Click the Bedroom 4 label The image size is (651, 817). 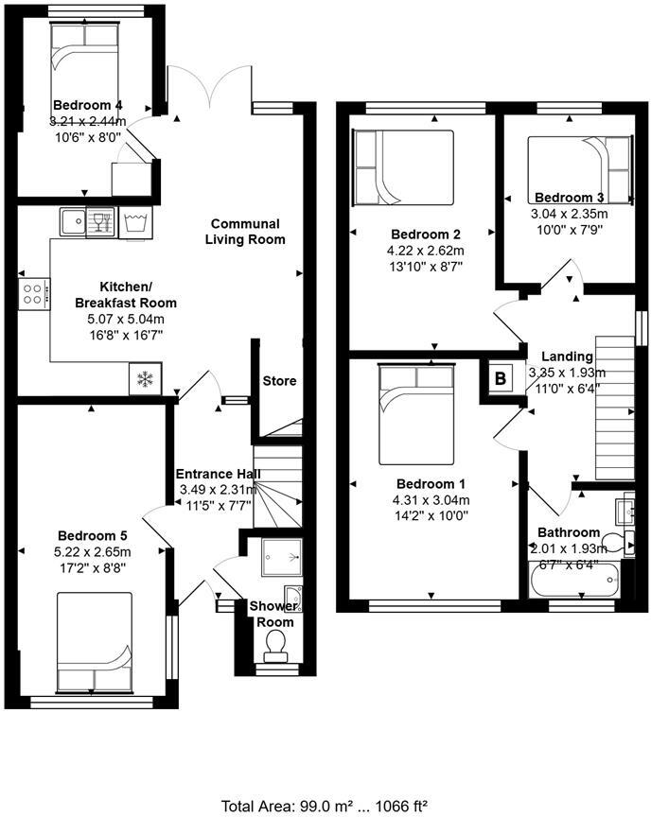pos(87,105)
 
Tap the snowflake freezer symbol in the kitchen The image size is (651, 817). pos(145,379)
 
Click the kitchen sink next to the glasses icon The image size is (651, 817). pos(72,222)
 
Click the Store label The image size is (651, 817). pos(279,381)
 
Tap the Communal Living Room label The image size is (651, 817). pos(245,232)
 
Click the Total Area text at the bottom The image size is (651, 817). pos(325,806)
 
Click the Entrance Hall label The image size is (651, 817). pos(219,474)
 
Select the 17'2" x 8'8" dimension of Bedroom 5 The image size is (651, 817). pos(94,567)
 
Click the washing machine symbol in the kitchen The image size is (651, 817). pos(136,223)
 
